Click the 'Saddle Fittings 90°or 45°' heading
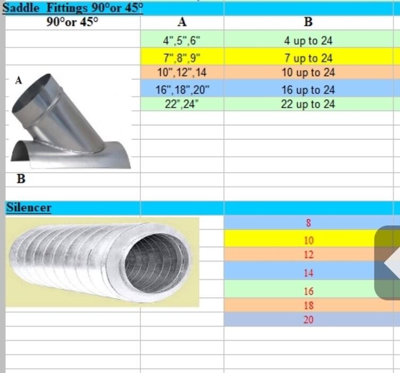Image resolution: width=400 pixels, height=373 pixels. [x=73, y=8]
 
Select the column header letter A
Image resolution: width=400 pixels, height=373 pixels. [x=182, y=22]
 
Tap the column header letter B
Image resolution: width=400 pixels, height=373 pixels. [x=308, y=22]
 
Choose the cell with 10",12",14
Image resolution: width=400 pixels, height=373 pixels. [x=182, y=72]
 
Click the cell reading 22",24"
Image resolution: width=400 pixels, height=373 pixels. [x=182, y=104]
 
